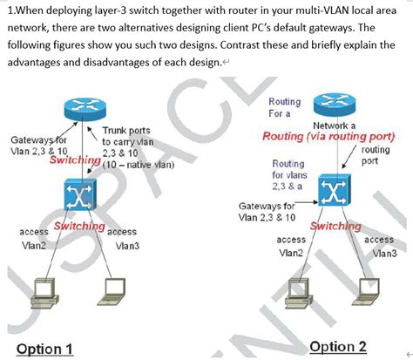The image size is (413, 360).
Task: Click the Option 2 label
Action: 339,345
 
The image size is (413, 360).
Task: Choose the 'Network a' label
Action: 335,126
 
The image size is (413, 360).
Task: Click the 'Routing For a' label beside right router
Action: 285,108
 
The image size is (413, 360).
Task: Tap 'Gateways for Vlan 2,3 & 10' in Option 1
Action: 37,146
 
